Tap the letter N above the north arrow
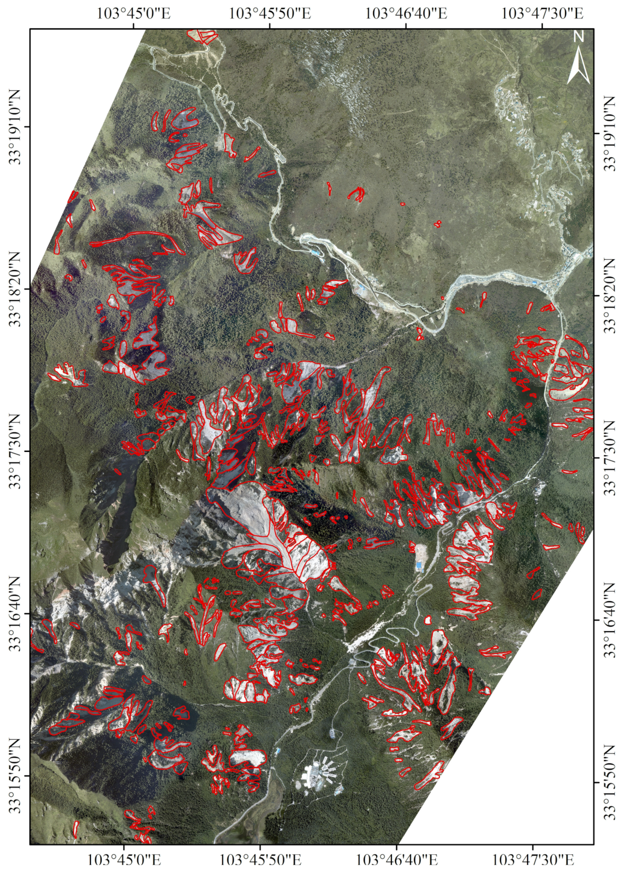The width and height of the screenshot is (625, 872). click(579, 37)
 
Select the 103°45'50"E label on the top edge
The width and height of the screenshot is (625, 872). click(270, 14)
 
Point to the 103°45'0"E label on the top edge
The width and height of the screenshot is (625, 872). click(134, 14)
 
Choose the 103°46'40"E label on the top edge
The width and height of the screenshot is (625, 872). click(406, 14)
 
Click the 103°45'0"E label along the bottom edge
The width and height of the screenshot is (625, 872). click(124, 858)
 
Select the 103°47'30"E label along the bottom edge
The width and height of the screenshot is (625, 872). click(533, 858)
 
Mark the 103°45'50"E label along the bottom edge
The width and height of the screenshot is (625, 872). click(260, 858)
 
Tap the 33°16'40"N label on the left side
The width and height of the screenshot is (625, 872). click(16, 613)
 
